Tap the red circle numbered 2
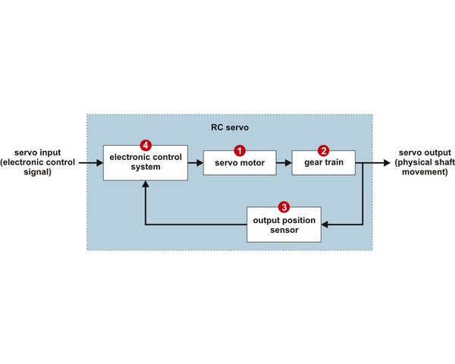[323, 151]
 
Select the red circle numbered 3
[284, 206]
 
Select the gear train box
[323, 163]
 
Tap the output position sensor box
[284, 224]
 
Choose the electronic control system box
[146, 162]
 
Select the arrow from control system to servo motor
[196, 163]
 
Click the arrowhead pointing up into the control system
[146, 186]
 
